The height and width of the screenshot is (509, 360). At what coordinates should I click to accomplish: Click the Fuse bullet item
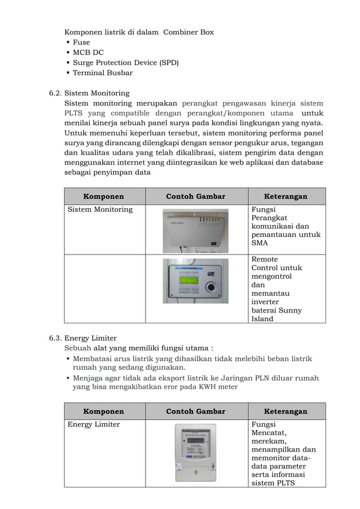point(81,42)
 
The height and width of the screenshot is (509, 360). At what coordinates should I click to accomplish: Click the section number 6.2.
point(54,93)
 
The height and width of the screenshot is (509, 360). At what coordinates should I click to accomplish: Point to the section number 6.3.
point(54,338)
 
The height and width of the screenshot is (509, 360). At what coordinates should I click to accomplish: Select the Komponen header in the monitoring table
point(104,196)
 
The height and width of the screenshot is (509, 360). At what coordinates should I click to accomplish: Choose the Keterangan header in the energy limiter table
point(287,411)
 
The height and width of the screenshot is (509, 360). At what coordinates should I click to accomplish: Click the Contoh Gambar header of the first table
point(195,196)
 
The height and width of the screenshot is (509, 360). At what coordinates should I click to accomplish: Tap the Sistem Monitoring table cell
point(100,209)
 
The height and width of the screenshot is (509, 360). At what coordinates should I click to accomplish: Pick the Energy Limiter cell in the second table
point(94,424)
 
